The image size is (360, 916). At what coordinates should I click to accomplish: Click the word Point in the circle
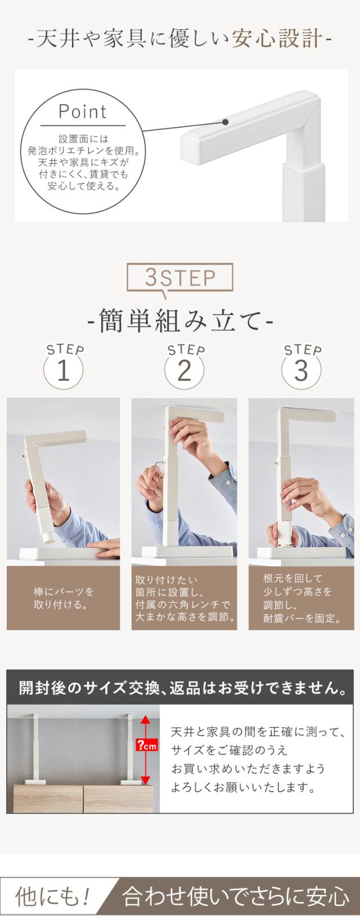click(x=83, y=111)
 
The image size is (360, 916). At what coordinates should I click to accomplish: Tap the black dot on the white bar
click(x=225, y=122)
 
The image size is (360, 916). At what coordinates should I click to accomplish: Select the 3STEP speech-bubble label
click(x=180, y=278)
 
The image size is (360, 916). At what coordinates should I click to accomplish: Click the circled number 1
click(x=64, y=371)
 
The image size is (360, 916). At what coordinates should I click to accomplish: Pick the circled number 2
click(x=184, y=371)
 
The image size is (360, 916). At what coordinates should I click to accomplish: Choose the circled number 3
click(x=301, y=371)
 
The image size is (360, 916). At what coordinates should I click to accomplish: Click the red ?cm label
click(x=146, y=746)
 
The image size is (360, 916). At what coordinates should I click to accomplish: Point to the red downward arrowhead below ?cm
click(x=146, y=779)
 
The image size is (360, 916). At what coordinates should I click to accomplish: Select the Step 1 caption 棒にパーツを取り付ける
click(x=64, y=597)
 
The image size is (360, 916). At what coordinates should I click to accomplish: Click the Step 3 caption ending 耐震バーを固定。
click(x=302, y=597)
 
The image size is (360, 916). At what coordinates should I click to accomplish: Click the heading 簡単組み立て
click(x=180, y=322)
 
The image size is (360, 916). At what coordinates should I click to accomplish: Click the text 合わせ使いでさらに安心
click(x=236, y=896)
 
